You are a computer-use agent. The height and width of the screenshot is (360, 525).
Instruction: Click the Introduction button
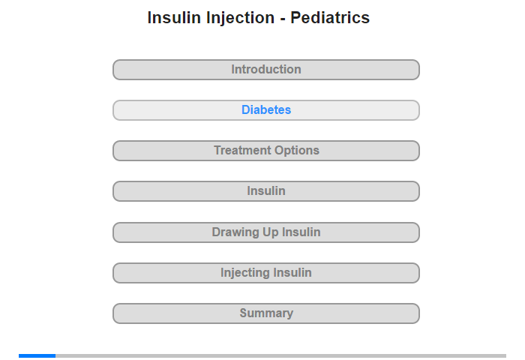tap(265, 70)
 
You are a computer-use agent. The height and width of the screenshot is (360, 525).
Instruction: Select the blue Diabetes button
tap(265, 110)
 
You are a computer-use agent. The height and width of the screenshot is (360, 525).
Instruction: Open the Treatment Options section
tap(265, 151)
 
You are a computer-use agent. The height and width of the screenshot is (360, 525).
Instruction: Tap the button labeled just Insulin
tap(265, 191)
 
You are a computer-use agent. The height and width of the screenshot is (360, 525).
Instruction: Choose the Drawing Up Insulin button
tap(265, 232)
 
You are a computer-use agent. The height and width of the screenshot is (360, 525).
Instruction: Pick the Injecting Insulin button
tap(265, 273)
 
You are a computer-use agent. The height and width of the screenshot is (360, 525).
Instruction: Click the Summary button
tap(265, 313)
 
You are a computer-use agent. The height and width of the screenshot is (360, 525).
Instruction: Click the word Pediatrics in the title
tap(330, 18)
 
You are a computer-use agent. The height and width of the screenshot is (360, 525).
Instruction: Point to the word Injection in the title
tap(240, 19)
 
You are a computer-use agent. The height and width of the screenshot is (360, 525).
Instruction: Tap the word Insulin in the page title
tap(174, 18)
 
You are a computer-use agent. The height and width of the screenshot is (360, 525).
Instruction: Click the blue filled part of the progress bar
tap(37, 355)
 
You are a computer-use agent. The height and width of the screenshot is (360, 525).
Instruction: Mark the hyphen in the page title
tap(283, 19)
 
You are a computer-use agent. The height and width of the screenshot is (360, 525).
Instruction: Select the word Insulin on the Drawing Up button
tap(301, 232)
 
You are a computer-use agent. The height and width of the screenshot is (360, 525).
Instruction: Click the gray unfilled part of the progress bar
tap(281, 355)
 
